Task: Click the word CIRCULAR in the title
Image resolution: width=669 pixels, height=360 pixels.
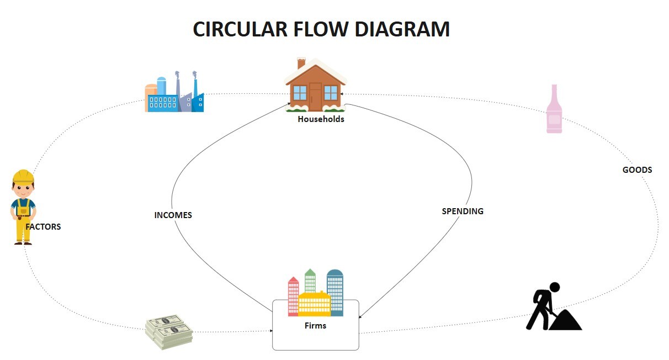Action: [x=240, y=29]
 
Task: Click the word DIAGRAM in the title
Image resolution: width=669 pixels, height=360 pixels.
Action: [x=402, y=29]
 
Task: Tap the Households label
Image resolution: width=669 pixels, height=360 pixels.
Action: [x=321, y=119]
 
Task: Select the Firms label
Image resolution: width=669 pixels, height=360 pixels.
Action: [x=315, y=325]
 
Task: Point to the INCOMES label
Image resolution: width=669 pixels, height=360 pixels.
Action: [x=173, y=215]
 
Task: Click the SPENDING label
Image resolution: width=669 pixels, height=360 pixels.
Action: [x=463, y=211]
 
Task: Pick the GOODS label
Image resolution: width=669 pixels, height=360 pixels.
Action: [x=637, y=170]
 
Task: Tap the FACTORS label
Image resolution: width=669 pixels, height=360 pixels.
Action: [x=43, y=227]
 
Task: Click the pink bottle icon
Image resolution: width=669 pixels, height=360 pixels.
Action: [x=554, y=109]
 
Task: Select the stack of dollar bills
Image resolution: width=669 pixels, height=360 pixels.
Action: [x=169, y=332]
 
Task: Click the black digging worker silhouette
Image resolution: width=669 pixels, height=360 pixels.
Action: [x=554, y=306]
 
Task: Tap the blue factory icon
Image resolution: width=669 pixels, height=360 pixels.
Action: [x=174, y=92]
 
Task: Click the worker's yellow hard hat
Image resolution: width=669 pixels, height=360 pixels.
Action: [x=23, y=176]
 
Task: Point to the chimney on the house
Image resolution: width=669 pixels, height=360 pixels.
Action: [x=301, y=63]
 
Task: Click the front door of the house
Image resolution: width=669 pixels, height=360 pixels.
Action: [x=315, y=96]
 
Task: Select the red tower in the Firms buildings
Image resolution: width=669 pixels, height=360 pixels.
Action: [x=293, y=297]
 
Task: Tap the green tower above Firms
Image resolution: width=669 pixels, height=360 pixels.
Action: [x=310, y=280]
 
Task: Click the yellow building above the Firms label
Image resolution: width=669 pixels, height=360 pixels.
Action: [x=315, y=304]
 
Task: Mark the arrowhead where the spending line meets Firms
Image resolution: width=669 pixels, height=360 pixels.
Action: [x=360, y=316]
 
